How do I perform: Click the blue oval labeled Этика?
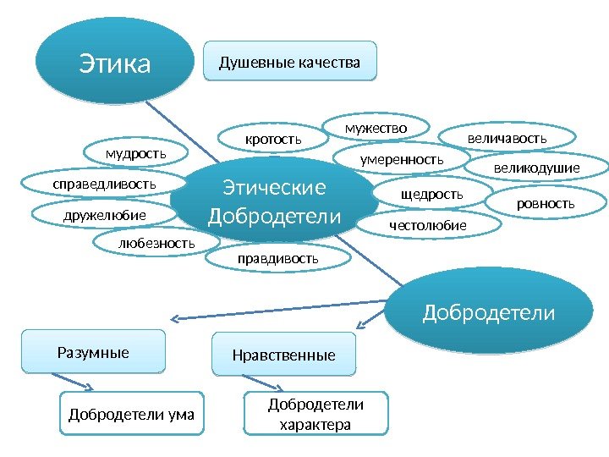113,62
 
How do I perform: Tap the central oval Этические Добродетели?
274,201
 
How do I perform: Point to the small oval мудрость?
135,153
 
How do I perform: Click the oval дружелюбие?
105,216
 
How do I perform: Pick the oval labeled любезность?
156,244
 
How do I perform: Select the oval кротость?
273,137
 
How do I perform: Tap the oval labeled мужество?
376,128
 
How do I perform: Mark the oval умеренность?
402,158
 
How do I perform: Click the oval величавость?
507,137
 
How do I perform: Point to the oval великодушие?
536,168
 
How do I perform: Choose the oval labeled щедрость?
432,195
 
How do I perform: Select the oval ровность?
545,203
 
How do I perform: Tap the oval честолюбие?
427,225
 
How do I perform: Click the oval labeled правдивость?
277,256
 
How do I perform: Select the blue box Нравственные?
283,355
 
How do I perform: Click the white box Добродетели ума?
131,414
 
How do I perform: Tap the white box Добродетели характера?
315,414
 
